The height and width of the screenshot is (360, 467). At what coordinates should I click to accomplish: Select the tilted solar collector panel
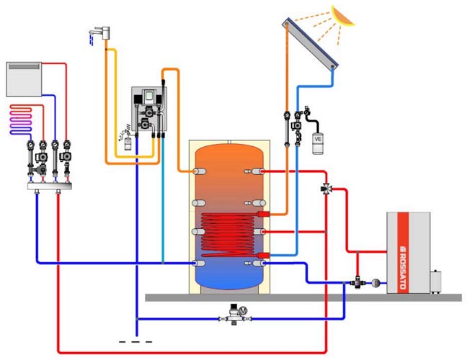pos(311,45)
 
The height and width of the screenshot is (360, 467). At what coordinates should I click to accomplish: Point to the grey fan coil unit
pos(25,78)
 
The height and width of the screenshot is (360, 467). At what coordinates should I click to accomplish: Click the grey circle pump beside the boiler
pos(376,281)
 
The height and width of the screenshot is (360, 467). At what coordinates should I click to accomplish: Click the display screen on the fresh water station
pos(149,96)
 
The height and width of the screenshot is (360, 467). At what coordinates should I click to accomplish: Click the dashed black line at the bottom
pos(135,341)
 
